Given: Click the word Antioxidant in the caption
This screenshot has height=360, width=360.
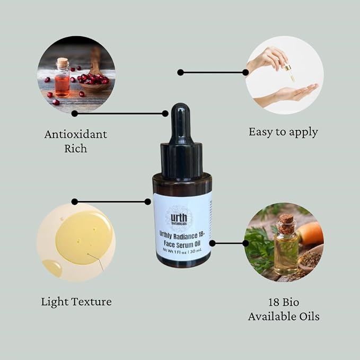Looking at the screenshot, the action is coord(76,134).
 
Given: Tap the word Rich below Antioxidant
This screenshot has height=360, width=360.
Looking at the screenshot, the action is coord(76,148).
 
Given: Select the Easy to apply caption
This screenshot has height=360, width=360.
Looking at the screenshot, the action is coord(283,132).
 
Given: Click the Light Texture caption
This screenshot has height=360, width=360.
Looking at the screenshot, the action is coord(76,302).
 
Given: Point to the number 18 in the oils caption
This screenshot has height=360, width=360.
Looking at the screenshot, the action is coord(274,302).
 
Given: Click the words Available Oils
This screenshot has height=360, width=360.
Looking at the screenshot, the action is coord(284,317).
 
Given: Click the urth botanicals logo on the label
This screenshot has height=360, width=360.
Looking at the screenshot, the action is coord(179,219).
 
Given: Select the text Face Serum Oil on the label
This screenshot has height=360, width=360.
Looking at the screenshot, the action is coord(182,244).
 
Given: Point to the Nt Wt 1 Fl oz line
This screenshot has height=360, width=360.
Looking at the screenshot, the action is coord(182,251).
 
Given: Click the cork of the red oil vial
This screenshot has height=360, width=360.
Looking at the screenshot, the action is coord(63,63).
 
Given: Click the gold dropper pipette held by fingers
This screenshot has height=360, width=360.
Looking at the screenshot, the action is coord(290,72).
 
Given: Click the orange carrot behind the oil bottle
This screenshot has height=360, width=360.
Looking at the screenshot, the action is coord(310,233).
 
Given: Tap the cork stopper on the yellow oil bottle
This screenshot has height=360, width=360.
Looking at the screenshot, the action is coord(286,223).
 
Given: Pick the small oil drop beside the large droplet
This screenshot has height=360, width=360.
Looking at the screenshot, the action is coord(52,268).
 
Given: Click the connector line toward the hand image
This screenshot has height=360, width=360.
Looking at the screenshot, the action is coord(213,73).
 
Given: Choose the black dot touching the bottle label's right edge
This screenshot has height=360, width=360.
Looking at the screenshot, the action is coord(213,243).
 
